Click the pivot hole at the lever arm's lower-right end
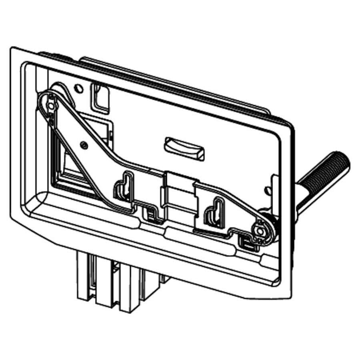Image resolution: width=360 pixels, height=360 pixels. [260, 231]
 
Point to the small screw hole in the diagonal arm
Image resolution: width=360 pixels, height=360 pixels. [83, 144]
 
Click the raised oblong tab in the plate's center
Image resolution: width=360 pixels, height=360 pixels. [184, 148]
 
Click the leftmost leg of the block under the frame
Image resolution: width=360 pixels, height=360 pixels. [85, 280]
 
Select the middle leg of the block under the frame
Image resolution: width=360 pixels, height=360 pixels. [105, 286]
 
